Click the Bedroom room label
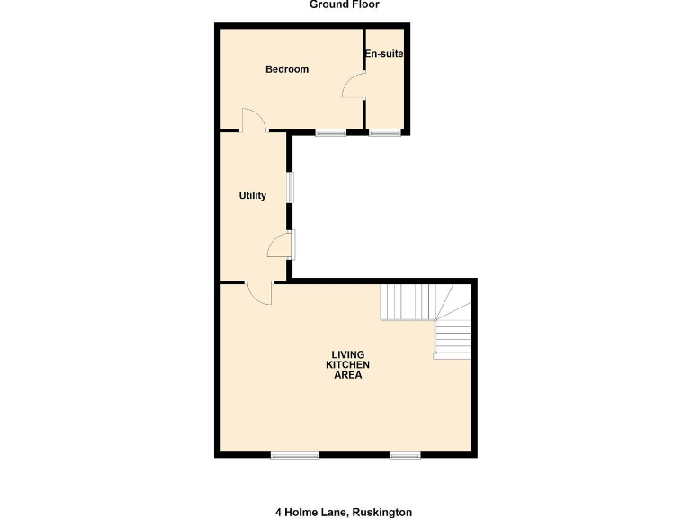tap(287, 69)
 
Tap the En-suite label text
tap(384, 54)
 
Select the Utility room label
tap(252, 195)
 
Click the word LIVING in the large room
tap(347, 353)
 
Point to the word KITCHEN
tap(347, 364)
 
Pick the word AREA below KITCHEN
tap(347, 375)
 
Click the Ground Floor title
tap(345, 4)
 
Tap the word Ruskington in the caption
tap(381, 512)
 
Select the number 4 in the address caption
tap(278, 512)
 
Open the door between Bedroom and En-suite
tap(354, 86)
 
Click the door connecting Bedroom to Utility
tap(253, 121)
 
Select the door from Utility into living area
tap(259, 293)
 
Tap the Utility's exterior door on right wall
tap(282, 245)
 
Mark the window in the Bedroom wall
tap(330, 133)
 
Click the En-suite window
tap(384, 133)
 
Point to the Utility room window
tap(290, 187)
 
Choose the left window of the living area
tap(295, 455)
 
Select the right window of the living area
tap(405, 455)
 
